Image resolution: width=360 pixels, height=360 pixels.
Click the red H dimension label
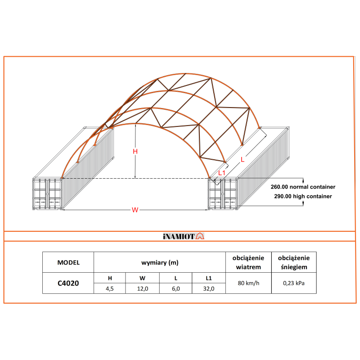(135, 152)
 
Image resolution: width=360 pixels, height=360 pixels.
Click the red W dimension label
(135, 210)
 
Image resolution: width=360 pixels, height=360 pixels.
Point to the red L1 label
(221, 172)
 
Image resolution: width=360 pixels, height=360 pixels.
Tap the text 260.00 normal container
(303, 186)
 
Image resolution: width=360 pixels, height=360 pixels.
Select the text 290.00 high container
(303, 196)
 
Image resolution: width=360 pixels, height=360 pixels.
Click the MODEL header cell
(68, 262)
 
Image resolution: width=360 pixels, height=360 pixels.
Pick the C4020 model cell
(68, 283)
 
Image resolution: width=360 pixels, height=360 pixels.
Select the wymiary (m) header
(159, 262)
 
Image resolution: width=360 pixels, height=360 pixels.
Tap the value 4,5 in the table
(110, 289)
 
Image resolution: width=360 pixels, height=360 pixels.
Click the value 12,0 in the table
(143, 289)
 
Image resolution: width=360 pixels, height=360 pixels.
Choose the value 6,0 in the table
(175, 289)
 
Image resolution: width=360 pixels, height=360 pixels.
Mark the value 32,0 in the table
(208, 289)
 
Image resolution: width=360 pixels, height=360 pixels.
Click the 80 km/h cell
(248, 283)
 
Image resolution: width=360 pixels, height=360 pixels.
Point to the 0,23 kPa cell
(294, 283)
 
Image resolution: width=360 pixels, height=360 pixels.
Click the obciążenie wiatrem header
(248, 262)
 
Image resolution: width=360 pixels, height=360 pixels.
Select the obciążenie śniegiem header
(294, 262)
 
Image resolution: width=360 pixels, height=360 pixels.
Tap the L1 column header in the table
(208, 278)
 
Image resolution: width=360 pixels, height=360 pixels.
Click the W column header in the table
(143, 278)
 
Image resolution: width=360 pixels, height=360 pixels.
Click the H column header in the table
(110, 278)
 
